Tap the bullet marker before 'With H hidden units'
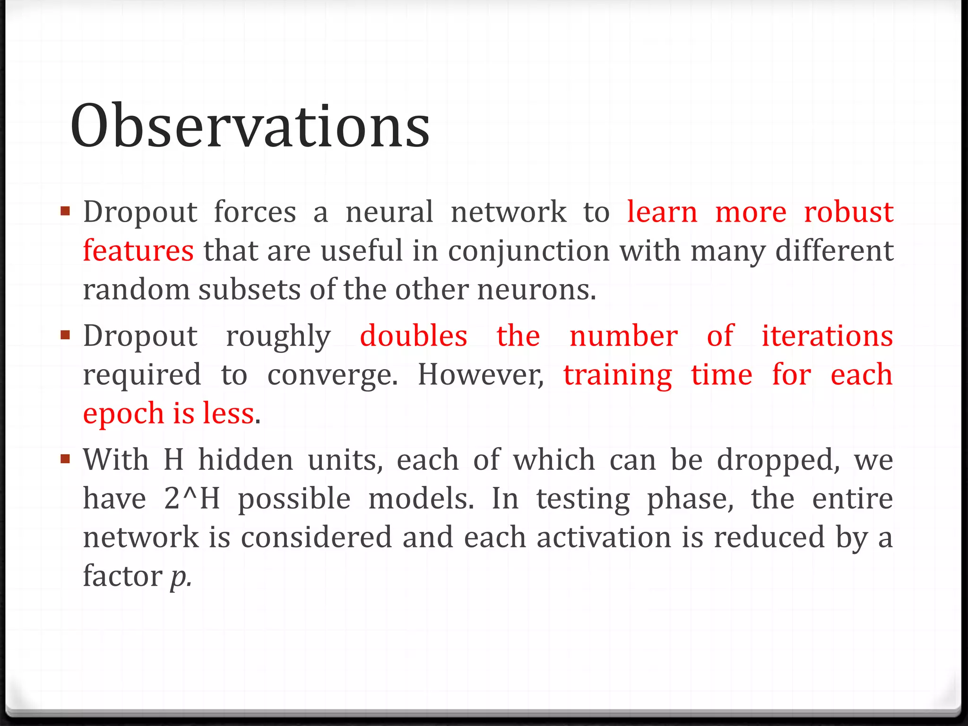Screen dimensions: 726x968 coord(65,458)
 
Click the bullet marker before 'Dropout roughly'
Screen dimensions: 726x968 coord(65,335)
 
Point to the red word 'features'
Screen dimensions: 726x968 coord(138,251)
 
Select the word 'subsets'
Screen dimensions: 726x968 coord(249,289)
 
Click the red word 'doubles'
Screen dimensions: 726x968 coord(414,336)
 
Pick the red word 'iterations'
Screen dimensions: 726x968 coord(827,336)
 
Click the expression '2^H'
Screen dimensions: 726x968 coord(192,499)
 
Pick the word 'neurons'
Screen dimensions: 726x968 coord(536,289)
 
